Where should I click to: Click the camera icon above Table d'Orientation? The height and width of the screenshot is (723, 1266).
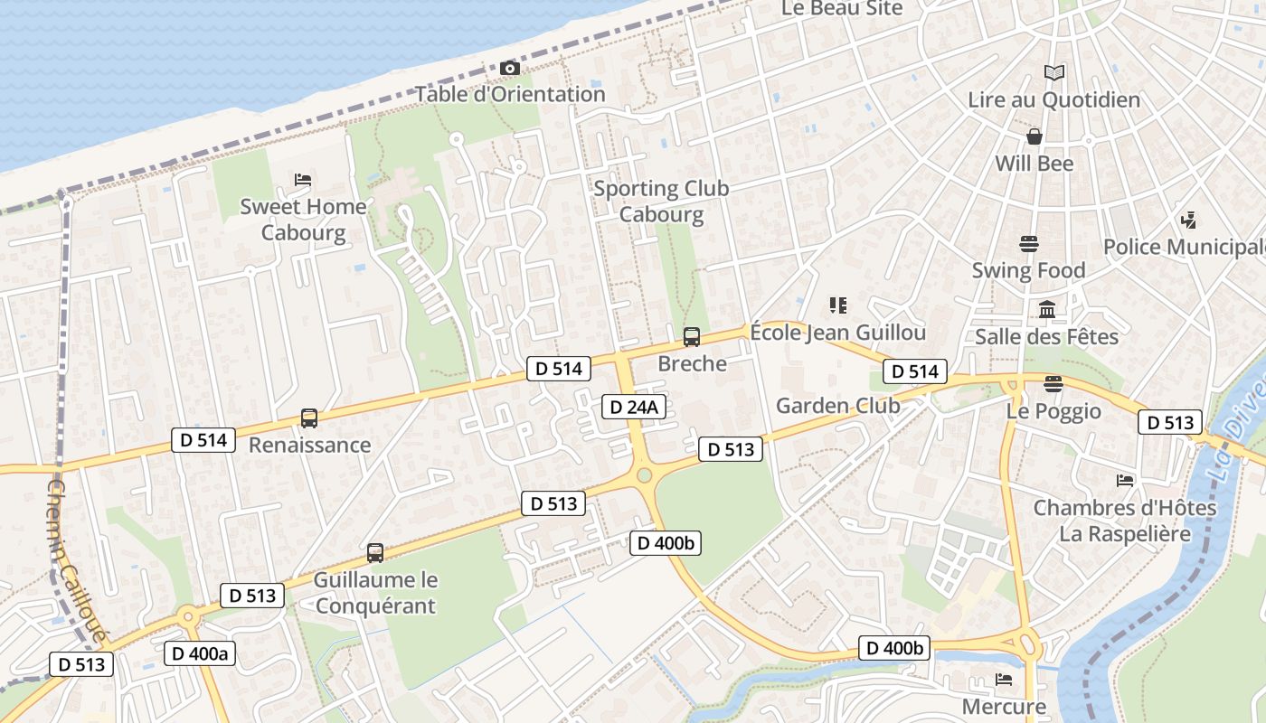coord(509,69)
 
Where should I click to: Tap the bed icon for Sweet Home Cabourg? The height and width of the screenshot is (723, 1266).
coord(303,180)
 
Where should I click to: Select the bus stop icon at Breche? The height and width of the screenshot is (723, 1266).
coord(692,337)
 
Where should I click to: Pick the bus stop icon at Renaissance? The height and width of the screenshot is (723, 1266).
coord(309,418)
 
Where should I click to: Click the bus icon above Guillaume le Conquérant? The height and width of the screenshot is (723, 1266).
coord(375,552)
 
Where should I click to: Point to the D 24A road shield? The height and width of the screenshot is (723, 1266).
coord(634,407)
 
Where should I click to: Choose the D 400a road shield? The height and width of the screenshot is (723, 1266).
coord(200,653)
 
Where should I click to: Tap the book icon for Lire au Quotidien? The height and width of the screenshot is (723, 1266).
coord(1053,73)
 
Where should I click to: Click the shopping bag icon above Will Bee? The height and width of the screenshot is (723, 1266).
coord(1034,137)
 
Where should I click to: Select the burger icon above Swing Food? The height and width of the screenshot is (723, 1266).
coord(1028,244)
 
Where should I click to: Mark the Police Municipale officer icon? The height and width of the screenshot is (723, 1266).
coord(1188,220)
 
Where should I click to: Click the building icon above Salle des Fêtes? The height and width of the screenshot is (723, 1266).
coord(1047,310)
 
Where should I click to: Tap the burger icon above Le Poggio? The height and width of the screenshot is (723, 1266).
coord(1053,384)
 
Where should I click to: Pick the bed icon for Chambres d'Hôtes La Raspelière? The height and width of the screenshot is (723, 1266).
coord(1125,480)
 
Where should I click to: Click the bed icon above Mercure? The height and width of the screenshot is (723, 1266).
coord(1004,679)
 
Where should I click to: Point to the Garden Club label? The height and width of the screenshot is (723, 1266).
coord(837,405)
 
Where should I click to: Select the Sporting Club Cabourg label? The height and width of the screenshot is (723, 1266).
coord(661,202)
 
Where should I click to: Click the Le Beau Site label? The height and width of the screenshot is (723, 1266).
coord(842,8)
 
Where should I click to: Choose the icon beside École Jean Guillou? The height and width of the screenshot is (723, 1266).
coord(838,305)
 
